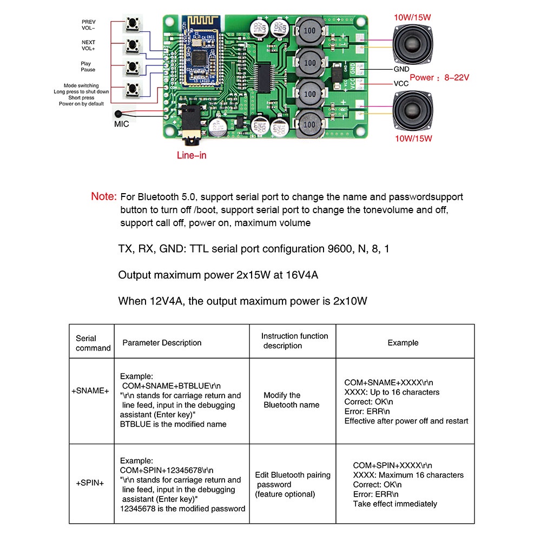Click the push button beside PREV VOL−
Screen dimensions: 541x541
point(131,25)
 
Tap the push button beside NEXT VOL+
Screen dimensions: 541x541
point(131,46)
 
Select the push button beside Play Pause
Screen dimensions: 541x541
point(131,67)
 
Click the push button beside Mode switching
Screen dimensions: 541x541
point(131,89)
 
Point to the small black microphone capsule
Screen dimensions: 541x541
point(117,114)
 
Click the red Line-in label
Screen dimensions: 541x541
point(192,155)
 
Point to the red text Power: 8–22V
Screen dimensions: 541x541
point(439,77)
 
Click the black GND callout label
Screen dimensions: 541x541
point(401,69)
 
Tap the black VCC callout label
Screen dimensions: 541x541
point(401,84)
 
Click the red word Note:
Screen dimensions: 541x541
point(104,197)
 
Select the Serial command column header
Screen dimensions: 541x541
point(93,343)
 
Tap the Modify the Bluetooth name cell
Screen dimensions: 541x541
point(291,400)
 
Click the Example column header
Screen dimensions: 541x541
point(403,342)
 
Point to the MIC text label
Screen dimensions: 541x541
point(122,124)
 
